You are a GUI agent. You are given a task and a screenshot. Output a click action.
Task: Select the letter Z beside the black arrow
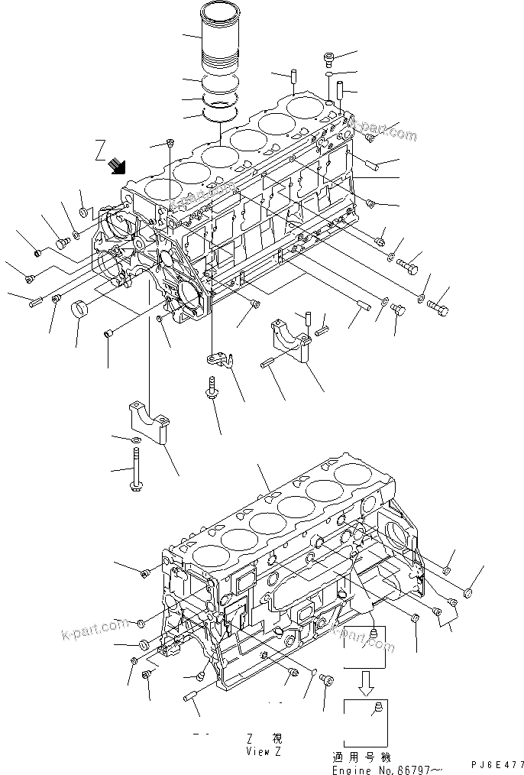(99, 147)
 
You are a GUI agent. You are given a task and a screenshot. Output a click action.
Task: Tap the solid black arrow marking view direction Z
(118, 164)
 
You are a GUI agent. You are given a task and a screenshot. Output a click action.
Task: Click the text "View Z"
(264, 752)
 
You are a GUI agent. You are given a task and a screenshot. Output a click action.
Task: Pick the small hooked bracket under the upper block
(219, 358)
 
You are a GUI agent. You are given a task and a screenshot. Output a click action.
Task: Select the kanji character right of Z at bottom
(277, 738)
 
